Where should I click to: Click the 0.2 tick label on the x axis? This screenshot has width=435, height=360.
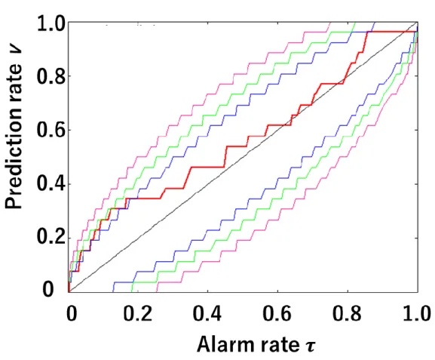(x=138, y=314)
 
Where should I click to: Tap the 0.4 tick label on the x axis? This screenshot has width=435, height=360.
(x=207, y=314)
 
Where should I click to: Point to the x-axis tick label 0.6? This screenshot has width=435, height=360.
(x=277, y=314)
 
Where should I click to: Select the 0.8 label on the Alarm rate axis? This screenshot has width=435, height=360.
(x=347, y=314)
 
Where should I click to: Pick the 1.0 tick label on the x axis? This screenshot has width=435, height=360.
(x=417, y=314)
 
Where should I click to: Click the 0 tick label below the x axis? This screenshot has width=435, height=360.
(x=72, y=314)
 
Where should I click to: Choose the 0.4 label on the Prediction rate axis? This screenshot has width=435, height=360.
(x=51, y=183)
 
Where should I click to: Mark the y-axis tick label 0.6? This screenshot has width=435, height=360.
(x=51, y=129)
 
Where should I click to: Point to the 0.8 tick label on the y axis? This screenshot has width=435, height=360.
(x=51, y=75)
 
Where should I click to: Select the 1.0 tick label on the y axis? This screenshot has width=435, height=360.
(x=51, y=23)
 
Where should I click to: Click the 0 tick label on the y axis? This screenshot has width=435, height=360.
(x=47, y=289)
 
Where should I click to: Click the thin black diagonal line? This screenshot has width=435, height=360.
(x=244, y=157)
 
